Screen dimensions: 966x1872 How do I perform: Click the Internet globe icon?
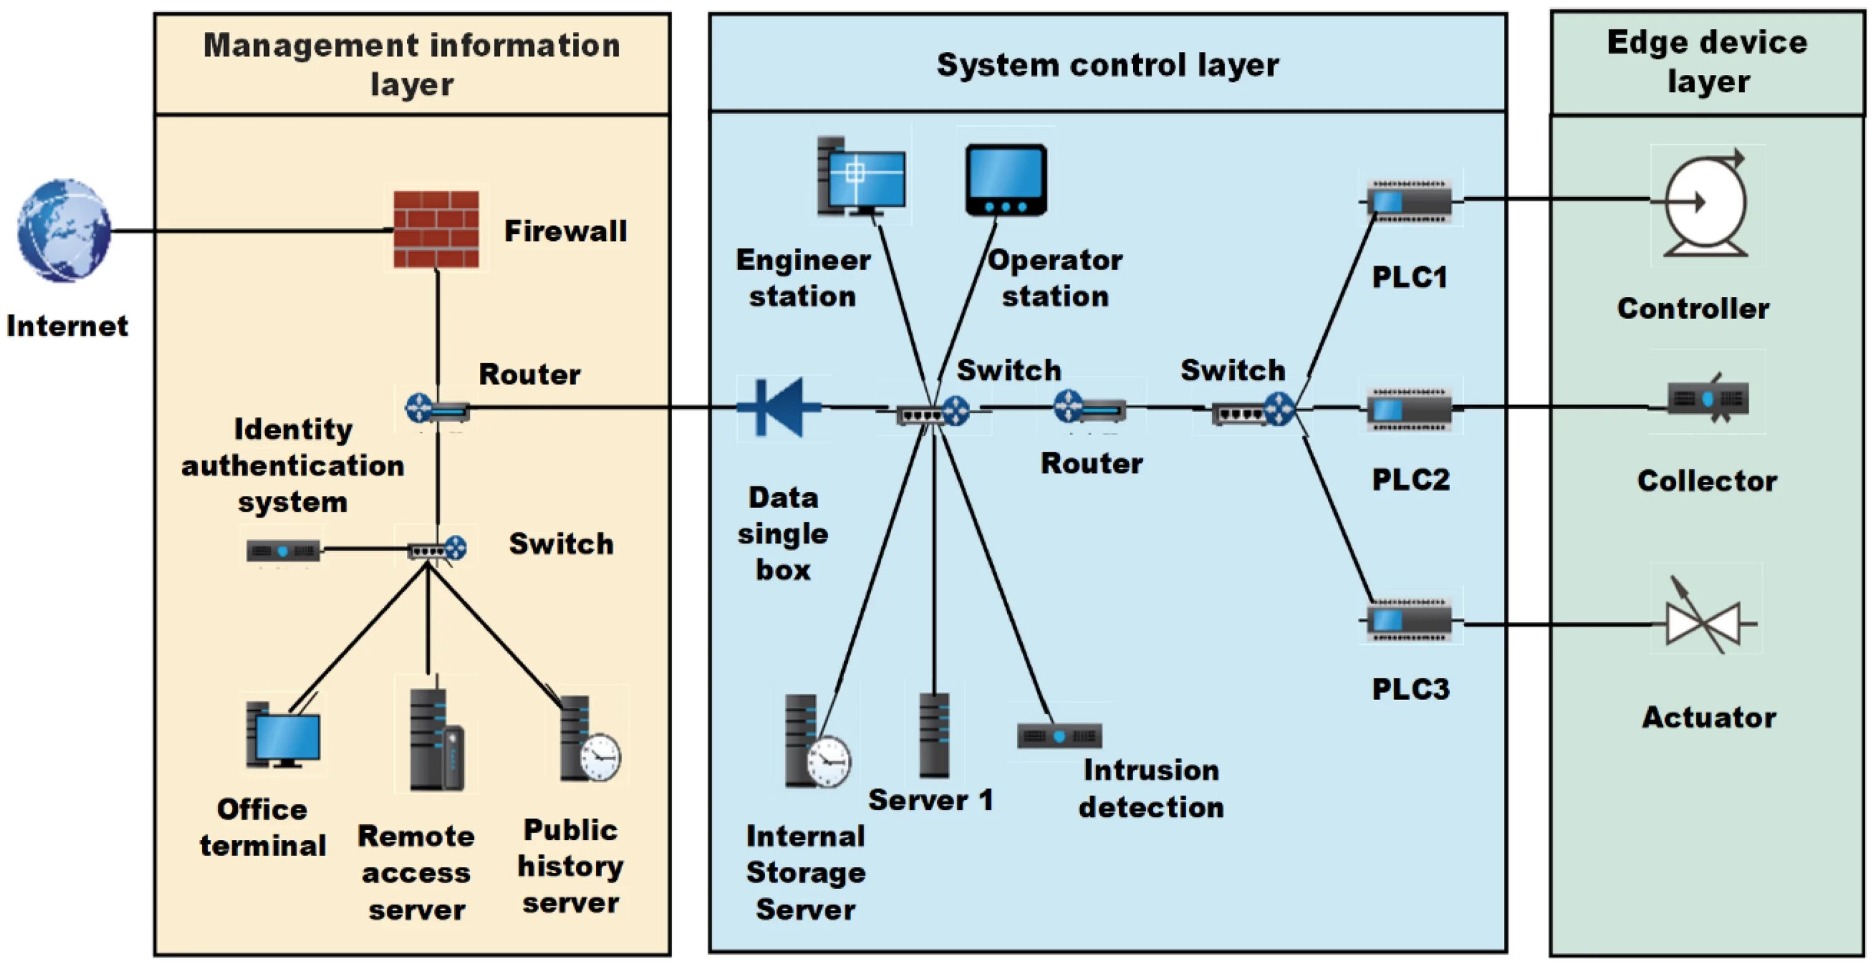[x=64, y=231]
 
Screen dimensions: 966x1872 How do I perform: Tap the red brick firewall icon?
[x=436, y=230]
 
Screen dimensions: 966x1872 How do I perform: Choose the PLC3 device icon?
[x=1409, y=622]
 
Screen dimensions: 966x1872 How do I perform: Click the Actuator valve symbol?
[x=1704, y=623]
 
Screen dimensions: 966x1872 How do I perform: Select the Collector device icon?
[x=1708, y=398]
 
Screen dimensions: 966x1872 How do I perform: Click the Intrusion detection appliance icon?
[x=1060, y=736]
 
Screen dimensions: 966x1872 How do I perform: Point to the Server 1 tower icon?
[x=934, y=735]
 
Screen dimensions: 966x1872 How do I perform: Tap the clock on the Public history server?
[x=600, y=757]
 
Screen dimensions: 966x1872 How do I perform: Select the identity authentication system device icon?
[x=283, y=551]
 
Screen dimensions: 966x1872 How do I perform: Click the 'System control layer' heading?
[x=1108, y=65]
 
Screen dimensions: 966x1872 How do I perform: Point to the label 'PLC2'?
[x=1410, y=480]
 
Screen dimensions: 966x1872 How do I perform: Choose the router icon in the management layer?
[x=437, y=409]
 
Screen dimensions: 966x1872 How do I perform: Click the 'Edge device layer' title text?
[x=1707, y=62]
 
